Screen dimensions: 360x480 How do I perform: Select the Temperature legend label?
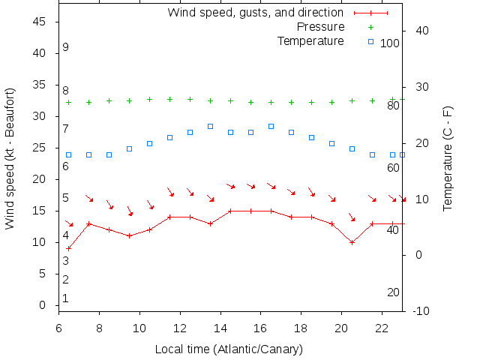point(310,40)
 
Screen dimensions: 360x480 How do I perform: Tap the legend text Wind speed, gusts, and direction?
point(255,13)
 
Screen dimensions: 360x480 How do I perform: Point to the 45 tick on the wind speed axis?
point(40,22)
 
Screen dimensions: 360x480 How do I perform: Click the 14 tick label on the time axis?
point(220,328)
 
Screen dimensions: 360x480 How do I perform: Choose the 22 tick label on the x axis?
point(382,328)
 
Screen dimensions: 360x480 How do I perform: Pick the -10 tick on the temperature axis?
point(421,310)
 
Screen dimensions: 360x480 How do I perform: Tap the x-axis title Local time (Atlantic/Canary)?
point(229,349)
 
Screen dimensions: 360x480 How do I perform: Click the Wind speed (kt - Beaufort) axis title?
point(10,158)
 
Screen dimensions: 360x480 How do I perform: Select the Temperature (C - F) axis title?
point(448,158)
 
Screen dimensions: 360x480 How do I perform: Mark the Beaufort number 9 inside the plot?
point(66,47)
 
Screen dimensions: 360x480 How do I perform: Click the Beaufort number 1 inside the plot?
point(66,298)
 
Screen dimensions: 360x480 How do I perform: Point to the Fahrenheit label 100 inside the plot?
point(390,43)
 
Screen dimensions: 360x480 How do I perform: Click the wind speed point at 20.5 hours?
point(352,242)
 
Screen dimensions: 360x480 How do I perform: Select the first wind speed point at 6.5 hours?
point(69,248)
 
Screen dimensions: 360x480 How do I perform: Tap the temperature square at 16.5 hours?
point(271,126)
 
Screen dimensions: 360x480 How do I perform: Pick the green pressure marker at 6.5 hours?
point(69,102)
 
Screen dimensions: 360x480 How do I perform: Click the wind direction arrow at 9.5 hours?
point(130,211)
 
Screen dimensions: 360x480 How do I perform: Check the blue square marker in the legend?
point(370,40)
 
